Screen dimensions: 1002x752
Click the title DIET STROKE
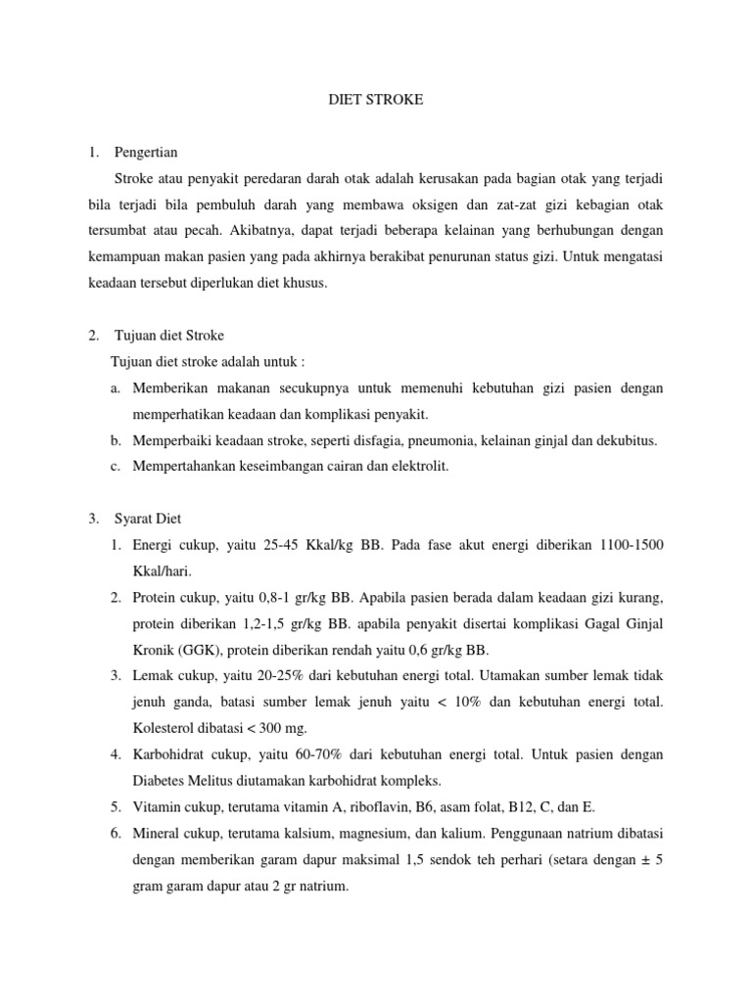click(x=375, y=99)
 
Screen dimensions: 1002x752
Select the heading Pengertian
click(x=146, y=153)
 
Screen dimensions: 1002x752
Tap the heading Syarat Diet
click(x=148, y=518)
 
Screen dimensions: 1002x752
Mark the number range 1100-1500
click(x=629, y=544)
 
